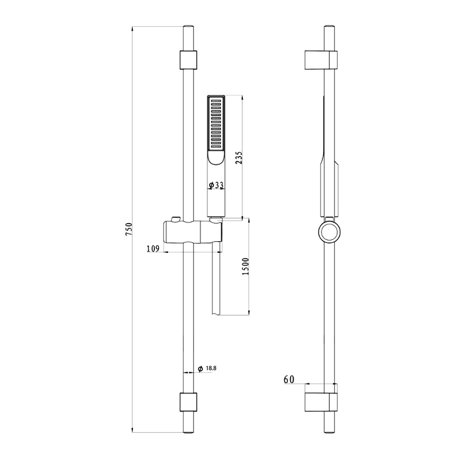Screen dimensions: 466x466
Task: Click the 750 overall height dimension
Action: [128, 229]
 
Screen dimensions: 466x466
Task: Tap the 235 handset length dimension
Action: [239, 158]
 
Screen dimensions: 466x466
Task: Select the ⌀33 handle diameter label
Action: [216, 185]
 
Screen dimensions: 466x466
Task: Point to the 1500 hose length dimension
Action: [245, 266]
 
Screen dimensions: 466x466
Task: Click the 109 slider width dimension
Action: [153, 249]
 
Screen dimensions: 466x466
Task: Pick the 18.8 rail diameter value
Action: [211, 368]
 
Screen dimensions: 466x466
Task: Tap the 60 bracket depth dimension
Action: [289, 380]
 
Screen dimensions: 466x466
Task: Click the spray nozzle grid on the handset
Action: [216, 124]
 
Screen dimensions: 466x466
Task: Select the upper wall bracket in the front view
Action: [188, 60]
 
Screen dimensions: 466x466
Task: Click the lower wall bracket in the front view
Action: [188, 402]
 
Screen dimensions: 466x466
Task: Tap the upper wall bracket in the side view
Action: [322, 60]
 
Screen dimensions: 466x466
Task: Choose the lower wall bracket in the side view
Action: [322, 402]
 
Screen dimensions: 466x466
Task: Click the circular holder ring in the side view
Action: [319, 231]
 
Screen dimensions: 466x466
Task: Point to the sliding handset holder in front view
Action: [193, 232]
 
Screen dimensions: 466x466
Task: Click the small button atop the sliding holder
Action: [175, 220]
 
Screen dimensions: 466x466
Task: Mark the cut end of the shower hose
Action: [216, 313]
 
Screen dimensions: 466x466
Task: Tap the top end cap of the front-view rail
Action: [188, 27]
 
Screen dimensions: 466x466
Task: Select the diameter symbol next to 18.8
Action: [200, 369]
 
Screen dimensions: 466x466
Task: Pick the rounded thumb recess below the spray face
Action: [216, 157]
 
